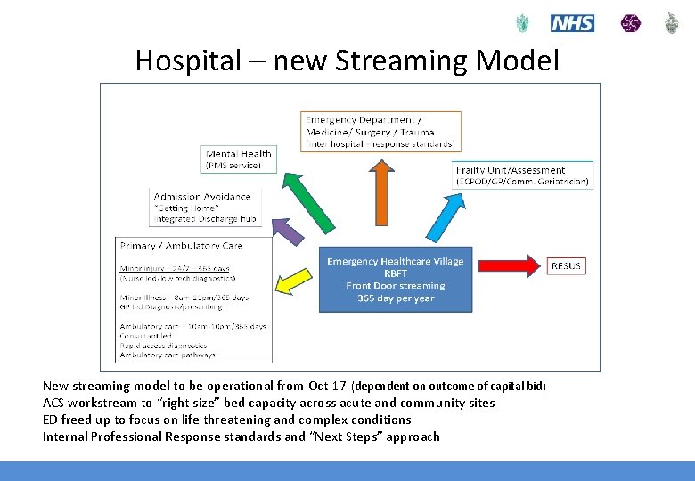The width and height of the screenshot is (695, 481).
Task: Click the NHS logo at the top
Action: [572, 23]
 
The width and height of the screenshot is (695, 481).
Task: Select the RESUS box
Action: [566, 265]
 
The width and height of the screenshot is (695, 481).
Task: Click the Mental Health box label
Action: [238, 153]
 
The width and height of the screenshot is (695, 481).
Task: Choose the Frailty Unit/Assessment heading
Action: [510, 170]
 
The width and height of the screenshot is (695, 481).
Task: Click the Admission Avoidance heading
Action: [202, 197]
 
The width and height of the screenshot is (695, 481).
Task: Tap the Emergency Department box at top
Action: [381, 130]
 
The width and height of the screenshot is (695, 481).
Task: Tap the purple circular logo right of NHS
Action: [630, 23]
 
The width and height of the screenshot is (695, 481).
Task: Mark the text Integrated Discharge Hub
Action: [205, 218]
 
